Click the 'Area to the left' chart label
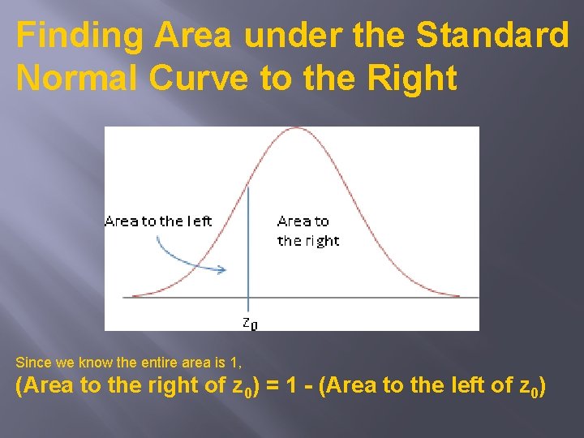pyautogui.click(x=158, y=221)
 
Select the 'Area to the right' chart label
pyautogui.click(x=307, y=230)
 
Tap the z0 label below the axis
pyautogui.click(x=250, y=323)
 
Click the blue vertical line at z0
pyautogui.click(x=248, y=243)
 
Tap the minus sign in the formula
pyautogui.click(x=328, y=387)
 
